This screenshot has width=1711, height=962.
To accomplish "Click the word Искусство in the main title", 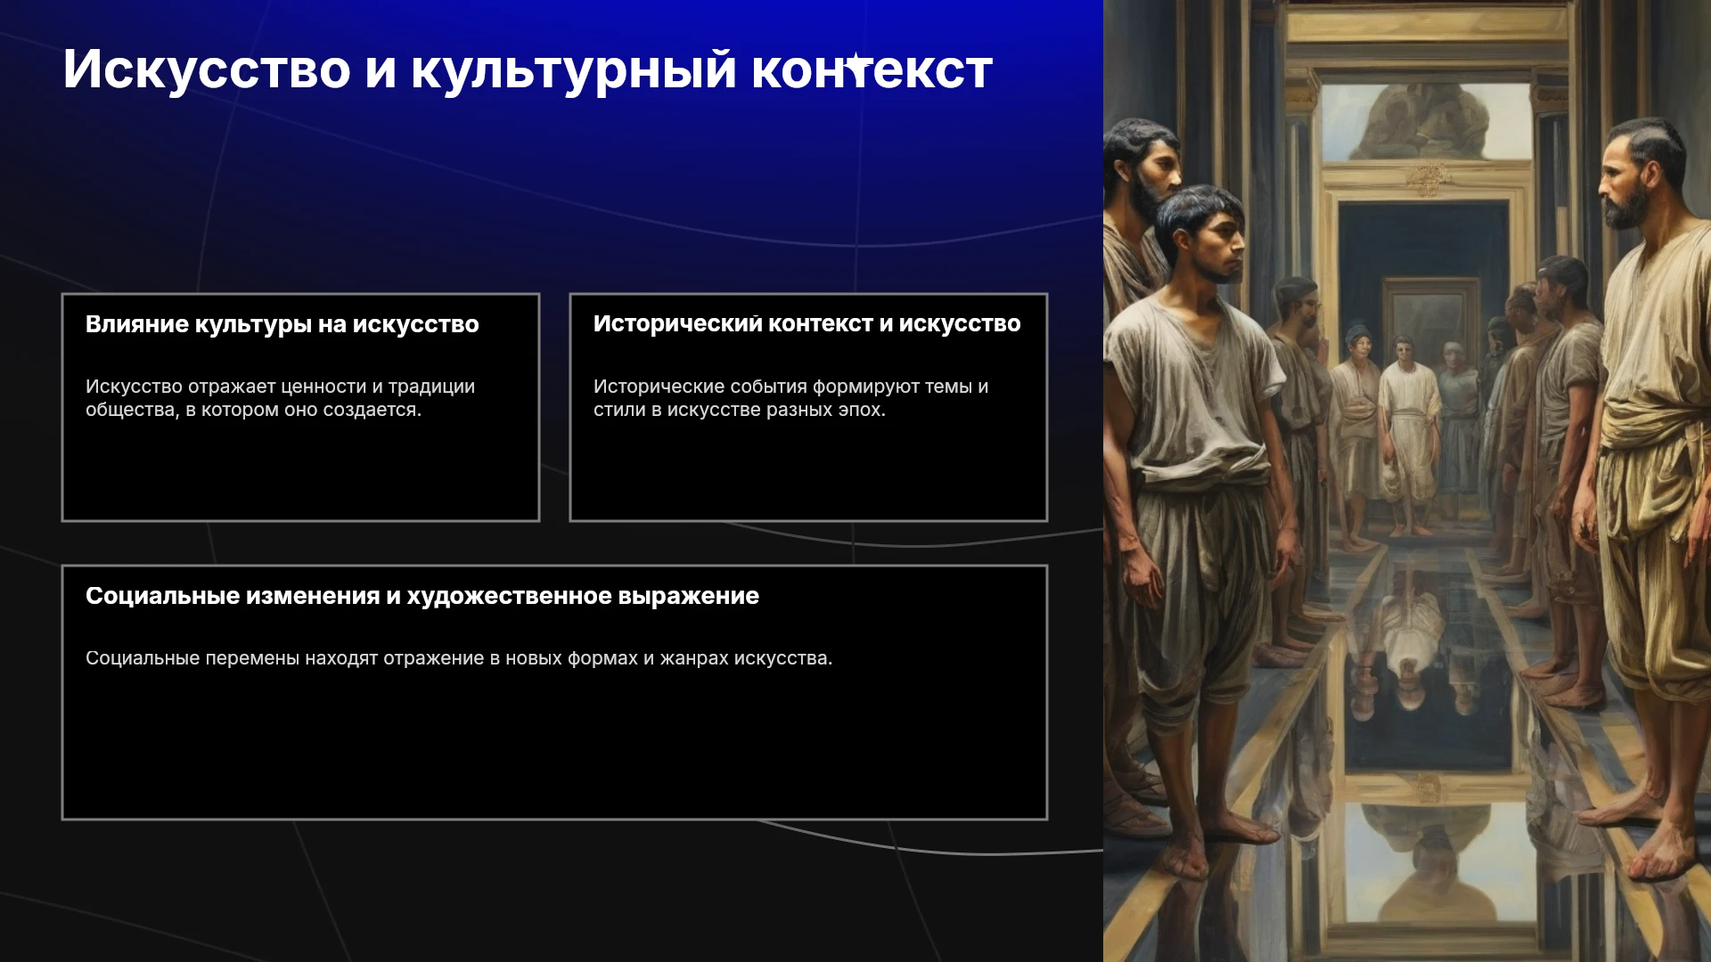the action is pyautogui.click(x=207, y=69).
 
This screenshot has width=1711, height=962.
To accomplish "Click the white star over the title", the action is pyautogui.click(x=857, y=64).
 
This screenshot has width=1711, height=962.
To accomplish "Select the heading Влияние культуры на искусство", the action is pyautogui.click(x=282, y=324).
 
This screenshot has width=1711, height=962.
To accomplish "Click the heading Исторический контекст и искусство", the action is pyautogui.click(x=807, y=323).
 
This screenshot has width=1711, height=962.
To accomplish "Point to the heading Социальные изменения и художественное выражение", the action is pyautogui.click(x=422, y=596).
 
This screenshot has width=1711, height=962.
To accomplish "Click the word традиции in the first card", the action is pyautogui.click(x=431, y=387).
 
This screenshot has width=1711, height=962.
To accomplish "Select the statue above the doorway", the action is pyautogui.click(x=1424, y=119).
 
